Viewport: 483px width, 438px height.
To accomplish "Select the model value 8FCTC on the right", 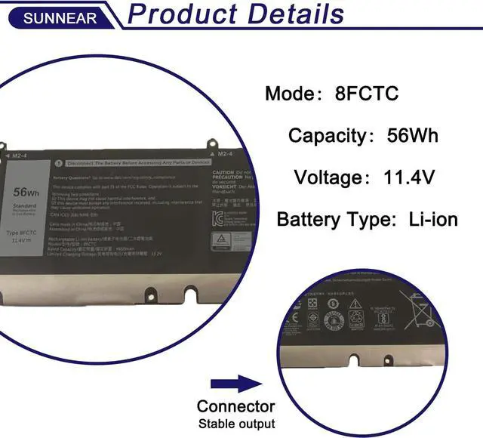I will click(x=368, y=94).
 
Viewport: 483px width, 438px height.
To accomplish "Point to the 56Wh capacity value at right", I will click(x=413, y=136).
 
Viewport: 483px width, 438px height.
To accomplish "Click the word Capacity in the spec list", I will click(x=327, y=136).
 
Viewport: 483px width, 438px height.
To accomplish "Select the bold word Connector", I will click(x=235, y=406).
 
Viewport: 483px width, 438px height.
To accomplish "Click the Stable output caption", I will click(x=236, y=424).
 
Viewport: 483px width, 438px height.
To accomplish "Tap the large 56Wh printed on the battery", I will click(x=26, y=193).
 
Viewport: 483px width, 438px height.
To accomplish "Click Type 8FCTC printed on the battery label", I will click(x=26, y=234).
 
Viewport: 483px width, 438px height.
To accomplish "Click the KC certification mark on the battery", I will click(x=217, y=219).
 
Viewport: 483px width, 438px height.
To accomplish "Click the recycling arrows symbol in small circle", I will click(x=356, y=317).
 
